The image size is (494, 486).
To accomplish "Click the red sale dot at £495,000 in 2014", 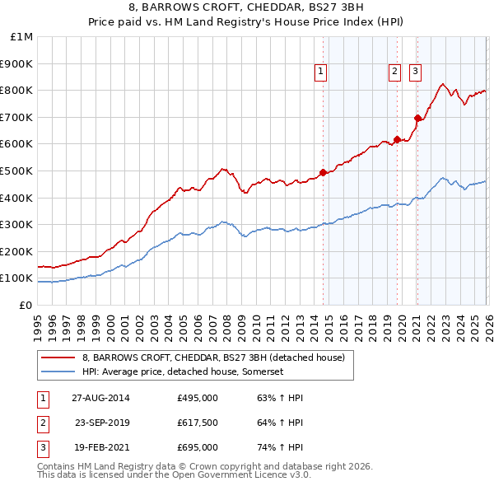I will click(x=323, y=172).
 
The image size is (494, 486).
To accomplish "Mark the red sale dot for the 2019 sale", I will click(x=397, y=139).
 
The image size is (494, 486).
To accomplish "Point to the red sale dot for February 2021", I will click(x=417, y=119).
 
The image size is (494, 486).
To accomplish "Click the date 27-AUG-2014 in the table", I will click(x=100, y=398).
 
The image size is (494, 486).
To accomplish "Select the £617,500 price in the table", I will click(x=197, y=423).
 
